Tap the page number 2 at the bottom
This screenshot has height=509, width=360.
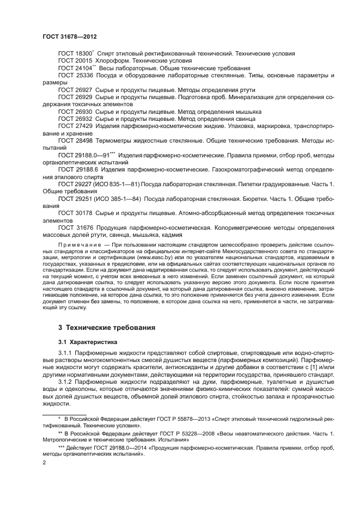44,462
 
